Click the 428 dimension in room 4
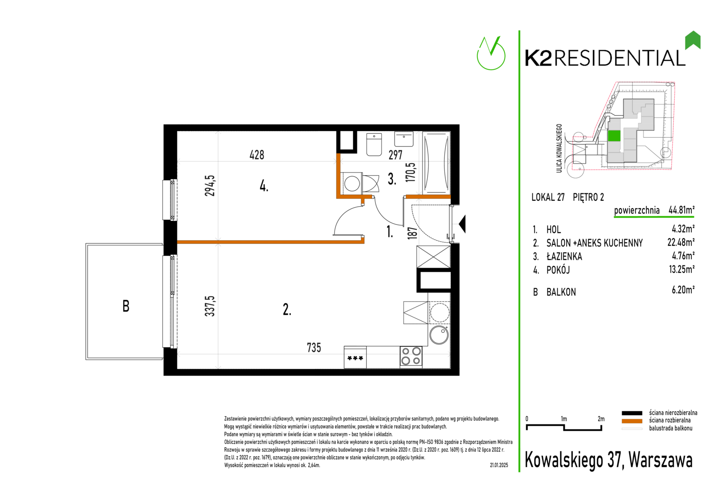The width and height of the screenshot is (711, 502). pyautogui.click(x=257, y=155)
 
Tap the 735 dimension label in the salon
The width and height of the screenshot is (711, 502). pyautogui.click(x=314, y=348)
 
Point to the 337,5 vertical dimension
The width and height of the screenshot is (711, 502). pyautogui.click(x=210, y=306)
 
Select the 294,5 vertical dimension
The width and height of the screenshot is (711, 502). pyautogui.click(x=210, y=185)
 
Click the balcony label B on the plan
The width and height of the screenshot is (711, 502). pyautogui.click(x=126, y=306)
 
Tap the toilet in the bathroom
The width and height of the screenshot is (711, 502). pyautogui.click(x=374, y=144)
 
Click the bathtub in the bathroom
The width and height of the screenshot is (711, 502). pyautogui.click(x=436, y=162)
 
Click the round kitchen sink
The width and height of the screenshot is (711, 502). pyautogui.click(x=439, y=335)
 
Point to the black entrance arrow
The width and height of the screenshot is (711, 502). pyautogui.click(x=463, y=224)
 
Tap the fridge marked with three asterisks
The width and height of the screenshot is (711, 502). pyautogui.click(x=355, y=357)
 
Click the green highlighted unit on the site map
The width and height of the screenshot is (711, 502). pyautogui.click(x=614, y=136)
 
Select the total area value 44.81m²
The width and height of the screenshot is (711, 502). pyautogui.click(x=681, y=210)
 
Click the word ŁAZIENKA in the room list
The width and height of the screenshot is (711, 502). pyautogui.click(x=564, y=257)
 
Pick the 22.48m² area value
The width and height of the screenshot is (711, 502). pyautogui.click(x=681, y=243)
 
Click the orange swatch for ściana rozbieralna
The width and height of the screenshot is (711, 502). pyautogui.click(x=631, y=421)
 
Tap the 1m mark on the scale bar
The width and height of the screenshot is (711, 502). pyautogui.click(x=563, y=419)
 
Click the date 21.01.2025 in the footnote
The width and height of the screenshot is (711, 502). pyautogui.click(x=499, y=465)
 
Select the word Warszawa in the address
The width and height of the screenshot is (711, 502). pyautogui.click(x=661, y=460)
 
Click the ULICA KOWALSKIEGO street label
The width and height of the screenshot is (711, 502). pyautogui.click(x=559, y=148)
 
